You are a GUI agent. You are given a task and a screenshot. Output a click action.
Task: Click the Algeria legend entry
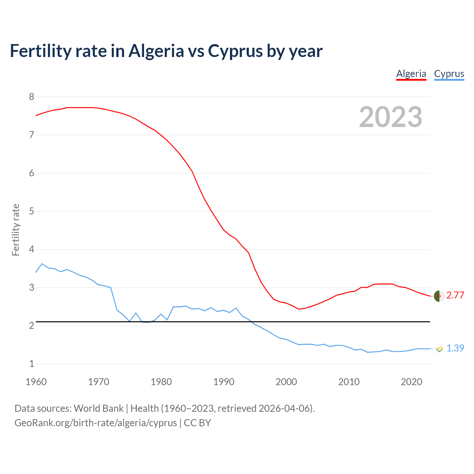click(411, 74)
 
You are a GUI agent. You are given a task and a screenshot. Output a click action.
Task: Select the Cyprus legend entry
click(449, 74)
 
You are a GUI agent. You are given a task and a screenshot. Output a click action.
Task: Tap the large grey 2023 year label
click(391, 117)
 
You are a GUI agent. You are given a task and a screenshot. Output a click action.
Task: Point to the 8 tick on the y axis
click(31, 97)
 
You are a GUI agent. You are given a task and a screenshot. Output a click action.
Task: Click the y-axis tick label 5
click(31, 211)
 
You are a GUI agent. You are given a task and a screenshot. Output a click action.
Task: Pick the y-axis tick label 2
click(31, 326)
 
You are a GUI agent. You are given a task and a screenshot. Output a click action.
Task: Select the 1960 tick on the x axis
click(36, 382)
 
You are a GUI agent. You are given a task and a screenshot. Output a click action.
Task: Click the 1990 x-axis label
click(224, 382)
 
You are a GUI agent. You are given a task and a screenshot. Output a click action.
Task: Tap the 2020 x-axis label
click(411, 382)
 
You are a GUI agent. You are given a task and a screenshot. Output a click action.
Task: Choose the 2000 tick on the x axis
click(286, 382)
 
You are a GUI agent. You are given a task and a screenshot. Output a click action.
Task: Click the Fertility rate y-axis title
click(16, 230)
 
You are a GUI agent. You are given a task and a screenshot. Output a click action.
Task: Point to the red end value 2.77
click(455, 295)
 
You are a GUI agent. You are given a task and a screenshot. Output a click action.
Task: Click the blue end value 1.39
click(455, 348)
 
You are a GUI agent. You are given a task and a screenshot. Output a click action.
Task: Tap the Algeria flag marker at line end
click(439, 296)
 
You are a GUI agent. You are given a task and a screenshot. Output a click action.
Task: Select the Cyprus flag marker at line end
click(439, 348)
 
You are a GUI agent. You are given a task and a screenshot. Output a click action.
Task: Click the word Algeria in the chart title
click(156, 51)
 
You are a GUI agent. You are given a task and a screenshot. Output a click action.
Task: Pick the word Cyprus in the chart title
click(235, 51)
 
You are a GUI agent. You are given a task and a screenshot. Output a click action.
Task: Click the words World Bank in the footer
click(99, 408)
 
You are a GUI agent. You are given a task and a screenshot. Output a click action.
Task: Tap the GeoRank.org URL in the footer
click(96, 423)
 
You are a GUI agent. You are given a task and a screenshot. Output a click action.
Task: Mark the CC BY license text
click(197, 423)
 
